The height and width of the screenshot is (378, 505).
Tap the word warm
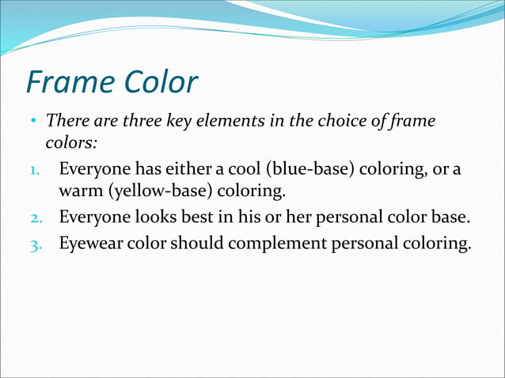tap(79, 191)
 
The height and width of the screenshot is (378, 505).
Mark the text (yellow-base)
tap(158, 191)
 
